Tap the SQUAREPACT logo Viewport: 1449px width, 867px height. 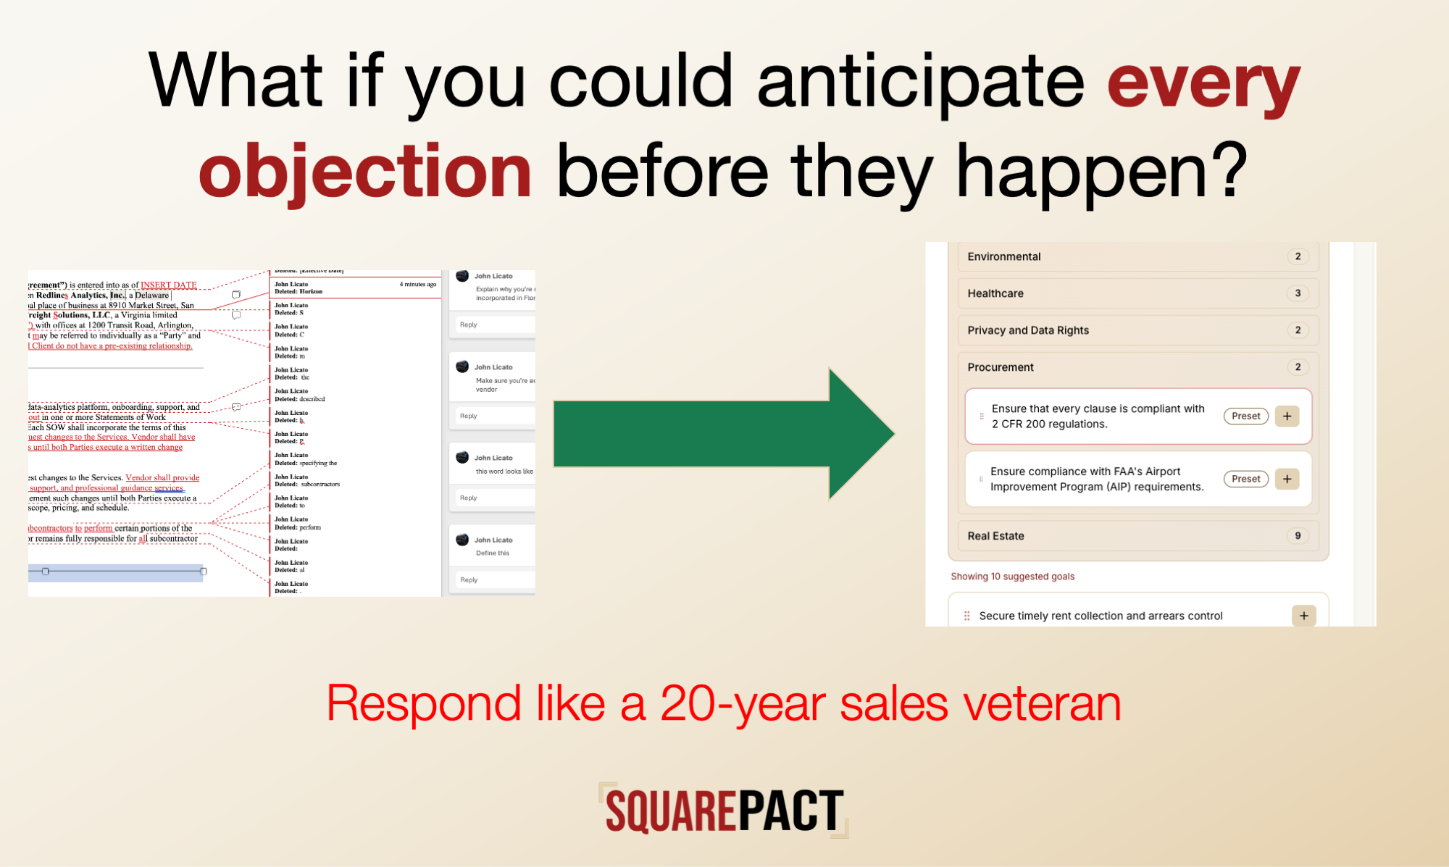point(724,811)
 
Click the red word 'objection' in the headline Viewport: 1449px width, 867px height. point(365,172)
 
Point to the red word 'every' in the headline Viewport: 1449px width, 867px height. point(1203,83)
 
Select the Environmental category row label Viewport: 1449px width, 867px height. point(1003,256)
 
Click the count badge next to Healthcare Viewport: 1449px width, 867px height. point(1298,293)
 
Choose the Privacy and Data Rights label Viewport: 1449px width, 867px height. point(1027,330)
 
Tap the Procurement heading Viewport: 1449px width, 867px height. point(1000,367)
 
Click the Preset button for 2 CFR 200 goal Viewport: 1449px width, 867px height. point(1245,416)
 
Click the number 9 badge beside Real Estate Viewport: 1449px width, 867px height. point(1298,536)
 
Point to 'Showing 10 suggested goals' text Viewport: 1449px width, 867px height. point(1012,577)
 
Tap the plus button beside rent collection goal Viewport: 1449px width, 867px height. point(1303,616)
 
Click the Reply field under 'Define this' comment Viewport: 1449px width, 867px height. point(493,580)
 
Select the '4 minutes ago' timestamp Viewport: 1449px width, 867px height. point(417,285)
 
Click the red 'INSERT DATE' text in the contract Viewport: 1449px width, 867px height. point(168,285)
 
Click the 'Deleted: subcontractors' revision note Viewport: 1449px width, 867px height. point(306,484)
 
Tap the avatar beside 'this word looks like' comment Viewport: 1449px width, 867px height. point(462,457)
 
